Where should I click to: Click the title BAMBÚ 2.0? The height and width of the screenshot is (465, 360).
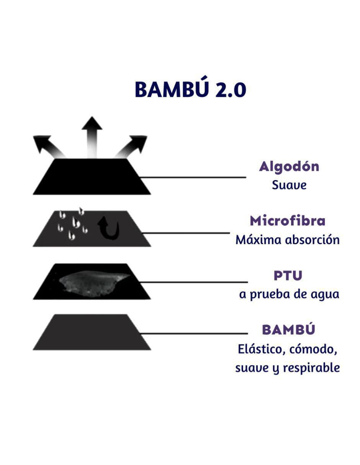tap(190, 88)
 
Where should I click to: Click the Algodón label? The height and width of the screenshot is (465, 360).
tap(289, 167)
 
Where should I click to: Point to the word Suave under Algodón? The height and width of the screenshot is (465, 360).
tap(289, 185)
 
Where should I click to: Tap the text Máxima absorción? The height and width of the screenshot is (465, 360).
tap(288, 240)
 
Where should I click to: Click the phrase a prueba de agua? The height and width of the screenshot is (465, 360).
tap(289, 295)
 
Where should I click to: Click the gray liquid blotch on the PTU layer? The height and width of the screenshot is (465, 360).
tap(93, 284)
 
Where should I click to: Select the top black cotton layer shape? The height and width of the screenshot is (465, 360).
tap(92, 176)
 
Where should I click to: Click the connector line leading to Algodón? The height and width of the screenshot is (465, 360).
tap(192, 177)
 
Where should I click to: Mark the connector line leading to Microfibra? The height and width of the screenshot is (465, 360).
tap(186, 233)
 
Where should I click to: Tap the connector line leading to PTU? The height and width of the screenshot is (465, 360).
tap(193, 282)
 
